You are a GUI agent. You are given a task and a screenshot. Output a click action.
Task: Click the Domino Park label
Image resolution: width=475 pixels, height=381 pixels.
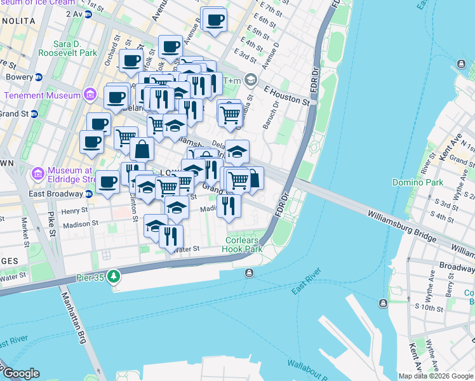443,182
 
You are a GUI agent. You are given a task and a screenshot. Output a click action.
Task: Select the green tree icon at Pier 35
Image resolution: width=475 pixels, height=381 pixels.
114,276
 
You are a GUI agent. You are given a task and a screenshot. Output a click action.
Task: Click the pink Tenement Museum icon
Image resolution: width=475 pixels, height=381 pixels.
90,96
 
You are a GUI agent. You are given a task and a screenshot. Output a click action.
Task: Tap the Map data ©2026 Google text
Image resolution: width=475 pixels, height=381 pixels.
436,376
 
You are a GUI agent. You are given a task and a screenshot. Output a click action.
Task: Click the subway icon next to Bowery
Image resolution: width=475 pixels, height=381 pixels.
38,77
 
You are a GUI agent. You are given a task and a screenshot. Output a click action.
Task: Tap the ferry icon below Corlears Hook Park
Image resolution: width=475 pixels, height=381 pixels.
248,272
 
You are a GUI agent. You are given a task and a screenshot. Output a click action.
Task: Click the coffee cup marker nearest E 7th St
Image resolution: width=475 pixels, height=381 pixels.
214,20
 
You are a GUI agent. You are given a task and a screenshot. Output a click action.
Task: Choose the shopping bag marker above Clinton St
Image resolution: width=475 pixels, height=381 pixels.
142,150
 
